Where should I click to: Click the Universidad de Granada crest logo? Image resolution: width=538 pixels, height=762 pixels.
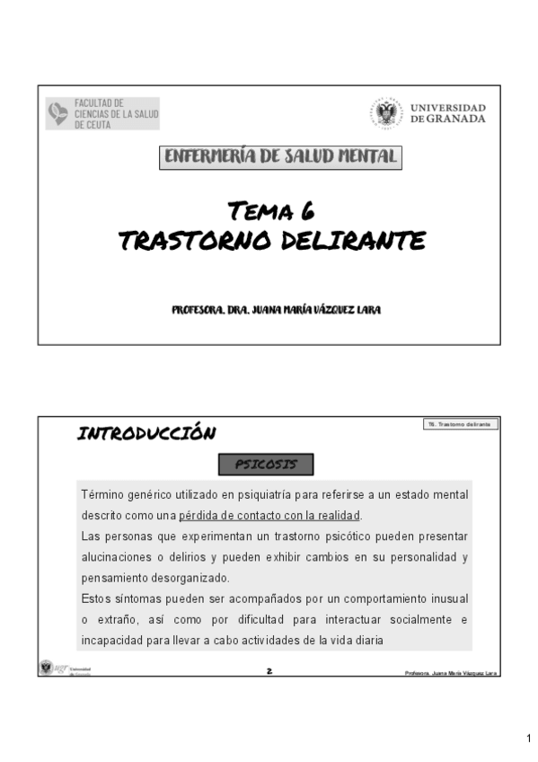pyautogui.click(x=388, y=112)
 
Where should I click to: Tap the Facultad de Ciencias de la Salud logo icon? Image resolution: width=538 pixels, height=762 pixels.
pyautogui.click(x=58, y=114)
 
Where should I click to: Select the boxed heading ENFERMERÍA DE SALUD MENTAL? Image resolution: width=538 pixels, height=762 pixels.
pyautogui.click(x=280, y=157)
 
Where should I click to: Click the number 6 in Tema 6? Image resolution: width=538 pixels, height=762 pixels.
pyautogui.click(x=307, y=211)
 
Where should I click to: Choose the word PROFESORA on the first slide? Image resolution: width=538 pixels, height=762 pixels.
pyautogui.click(x=198, y=310)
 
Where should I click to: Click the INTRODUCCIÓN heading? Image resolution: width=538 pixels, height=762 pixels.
pyautogui.click(x=146, y=434)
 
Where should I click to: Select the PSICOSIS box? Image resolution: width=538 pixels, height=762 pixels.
pyautogui.click(x=267, y=465)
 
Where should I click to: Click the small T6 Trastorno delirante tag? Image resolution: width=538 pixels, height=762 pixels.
pyautogui.click(x=459, y=423)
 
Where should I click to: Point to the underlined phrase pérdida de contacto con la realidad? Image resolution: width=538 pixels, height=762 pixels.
pyautogui.click(x=269, y=516)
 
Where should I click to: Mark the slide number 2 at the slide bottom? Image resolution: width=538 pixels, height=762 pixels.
pyautogui.click(x=269, y=670)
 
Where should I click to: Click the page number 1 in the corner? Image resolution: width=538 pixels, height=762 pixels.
pyautogui.click(x=529, y=739)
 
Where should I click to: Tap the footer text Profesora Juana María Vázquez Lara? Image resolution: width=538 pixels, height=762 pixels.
pyautogui.click(x=451, y=672)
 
